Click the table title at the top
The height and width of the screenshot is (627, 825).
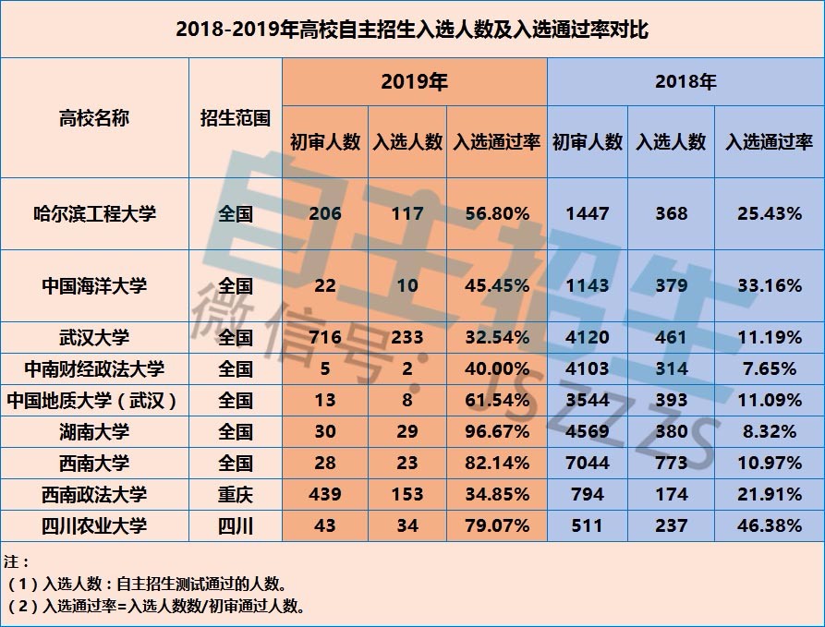pyautogui.click(x=412, y=30)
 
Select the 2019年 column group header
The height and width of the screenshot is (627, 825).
pyautogui.click(x=414, y=82)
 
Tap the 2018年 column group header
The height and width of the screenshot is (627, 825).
pyautogui.click(x=685, y=82)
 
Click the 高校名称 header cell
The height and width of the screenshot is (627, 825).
pyautogui.click(x=94, y=118)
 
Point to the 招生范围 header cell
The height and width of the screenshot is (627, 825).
pyautogui.click(x=236, y=118)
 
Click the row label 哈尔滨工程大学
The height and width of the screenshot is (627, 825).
pyautogui.click(x=94, y=213)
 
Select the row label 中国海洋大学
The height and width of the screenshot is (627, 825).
pyautogui.click(x=94, y=285)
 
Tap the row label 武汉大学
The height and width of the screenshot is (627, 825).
pyautogui.click(x=94, y=337)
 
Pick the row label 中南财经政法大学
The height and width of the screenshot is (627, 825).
pyautogui.click(x=94, y=369)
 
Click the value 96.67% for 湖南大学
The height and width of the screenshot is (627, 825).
pyautogui.click(x=497, y=431)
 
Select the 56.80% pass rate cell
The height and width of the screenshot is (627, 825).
pyautogui.click(x=497, y=213)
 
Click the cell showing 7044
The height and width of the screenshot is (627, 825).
pyautogui.click(x=588, y=463)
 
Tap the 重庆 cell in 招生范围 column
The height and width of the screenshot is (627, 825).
pyautogui.click(x=236, y=494)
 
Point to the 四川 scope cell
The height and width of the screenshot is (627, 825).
pyautogui.click(x=236, y=525)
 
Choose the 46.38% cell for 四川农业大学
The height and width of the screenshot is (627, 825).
pyautogui.click(x=770, y=525)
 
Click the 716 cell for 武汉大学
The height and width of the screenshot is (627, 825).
pyautogui.click(x=325, y=337)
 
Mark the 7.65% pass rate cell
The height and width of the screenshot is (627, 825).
pyautogui.click(x=770, y=369)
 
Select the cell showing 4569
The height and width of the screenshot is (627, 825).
pyautogui.click(x=588, y=431)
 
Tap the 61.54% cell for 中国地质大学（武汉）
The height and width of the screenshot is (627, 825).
pyautogui.click(x=497, y=400)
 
